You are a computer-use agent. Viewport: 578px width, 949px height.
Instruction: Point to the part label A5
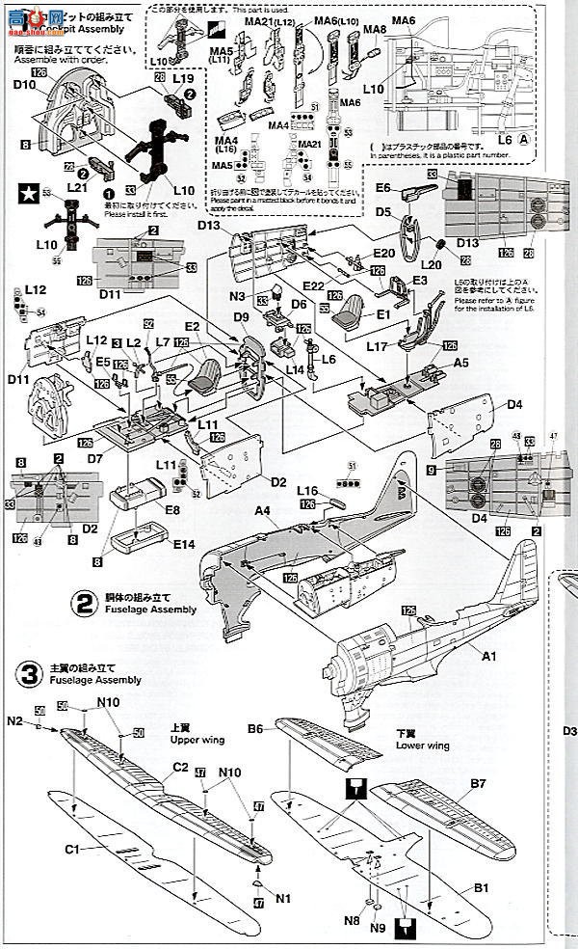tap(461, 364)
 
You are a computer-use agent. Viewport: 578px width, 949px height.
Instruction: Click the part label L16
tap(308, 491)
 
